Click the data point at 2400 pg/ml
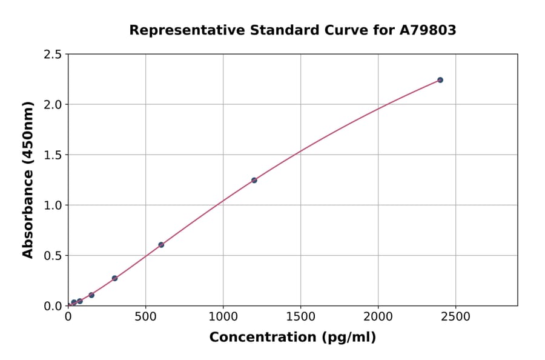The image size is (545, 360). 440,80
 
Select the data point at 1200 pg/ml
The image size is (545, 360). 254,180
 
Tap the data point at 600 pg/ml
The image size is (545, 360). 161,245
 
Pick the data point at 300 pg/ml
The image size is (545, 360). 114,278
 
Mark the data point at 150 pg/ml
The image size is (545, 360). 91,295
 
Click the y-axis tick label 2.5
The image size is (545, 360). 53,55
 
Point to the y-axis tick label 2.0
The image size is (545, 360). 53,105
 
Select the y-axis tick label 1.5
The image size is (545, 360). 53,155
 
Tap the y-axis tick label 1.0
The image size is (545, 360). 53,205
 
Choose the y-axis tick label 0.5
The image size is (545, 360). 53,256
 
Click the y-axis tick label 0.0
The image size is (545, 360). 53,306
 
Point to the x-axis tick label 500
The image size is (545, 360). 145,316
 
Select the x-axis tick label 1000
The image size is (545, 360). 223,316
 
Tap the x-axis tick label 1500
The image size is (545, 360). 300,316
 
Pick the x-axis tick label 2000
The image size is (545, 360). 378,316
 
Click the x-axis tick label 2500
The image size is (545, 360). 455,316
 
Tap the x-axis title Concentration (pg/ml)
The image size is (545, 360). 292,338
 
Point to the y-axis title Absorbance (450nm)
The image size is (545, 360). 28,180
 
